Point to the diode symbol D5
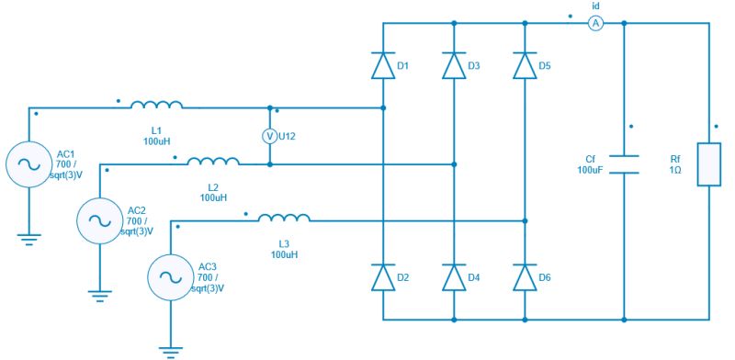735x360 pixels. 525,66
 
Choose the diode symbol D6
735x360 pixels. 525,277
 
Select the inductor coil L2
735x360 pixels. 213,163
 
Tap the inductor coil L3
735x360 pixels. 284,219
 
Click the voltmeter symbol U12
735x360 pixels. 270,136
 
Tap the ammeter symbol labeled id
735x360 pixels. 595,24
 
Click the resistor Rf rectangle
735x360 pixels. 709,164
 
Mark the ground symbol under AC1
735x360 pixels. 28,239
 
